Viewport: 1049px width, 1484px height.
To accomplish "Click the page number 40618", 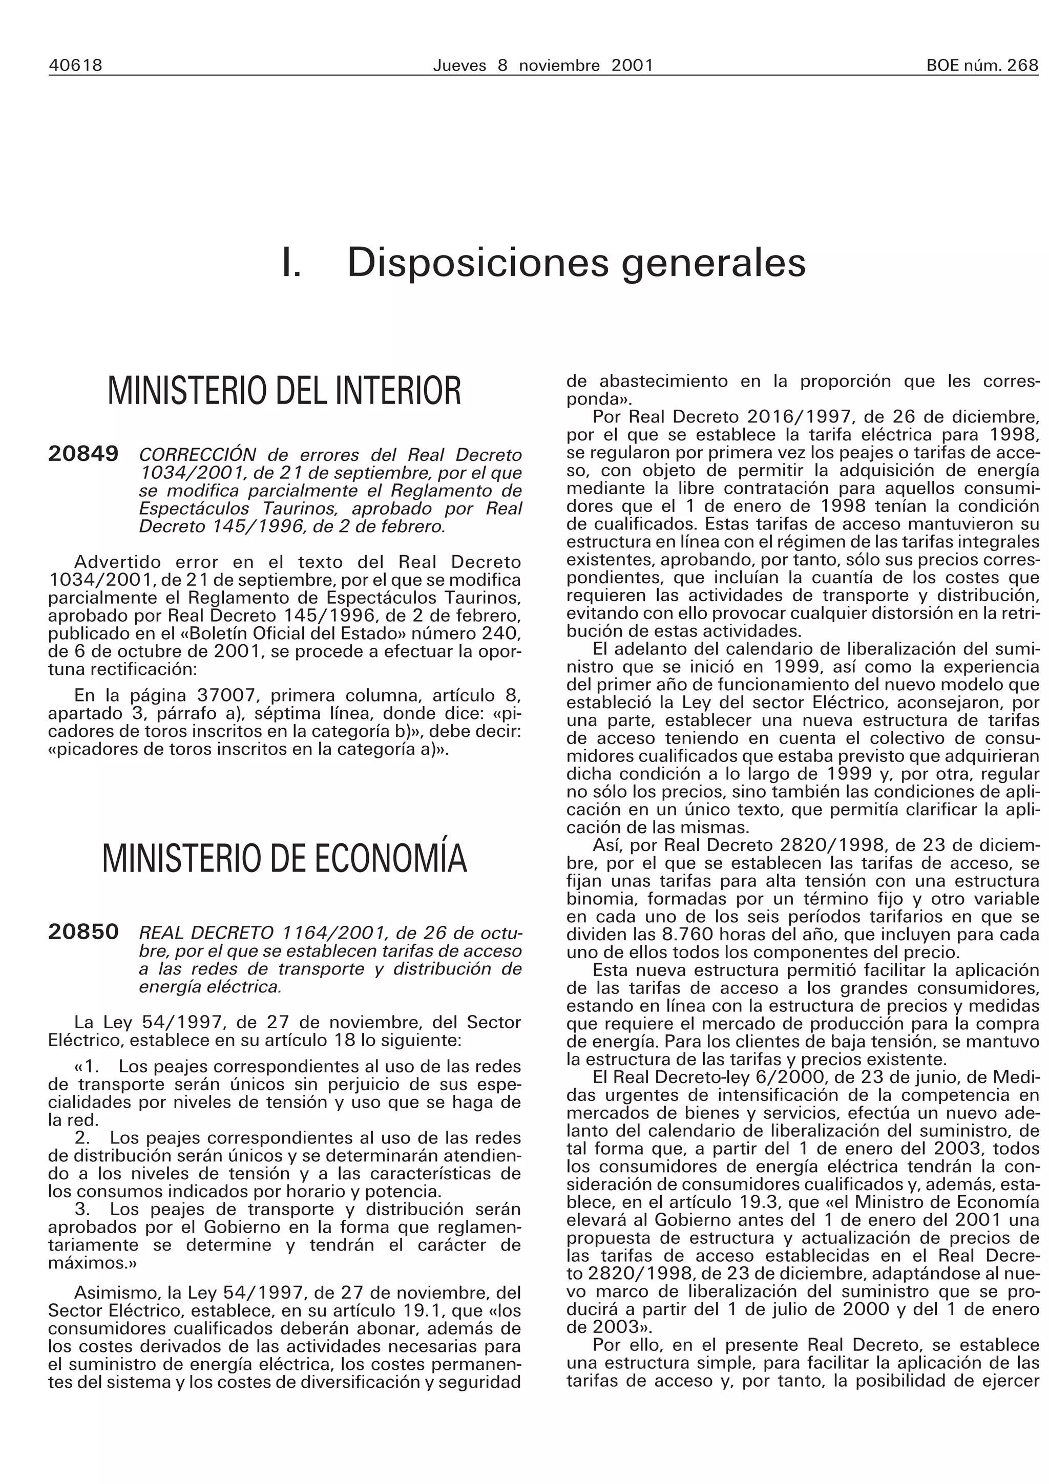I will [x=76, y=65].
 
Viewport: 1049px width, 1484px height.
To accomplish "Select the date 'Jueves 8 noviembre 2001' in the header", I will [x=542, y=65].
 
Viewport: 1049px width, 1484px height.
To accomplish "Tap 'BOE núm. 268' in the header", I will [x=982, y=65].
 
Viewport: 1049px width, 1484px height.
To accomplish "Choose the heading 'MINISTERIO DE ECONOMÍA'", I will [x=284, y=858].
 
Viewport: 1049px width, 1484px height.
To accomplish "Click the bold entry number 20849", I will [x=83, y=454].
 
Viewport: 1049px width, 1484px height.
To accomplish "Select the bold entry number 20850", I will [x=83, y=931].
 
